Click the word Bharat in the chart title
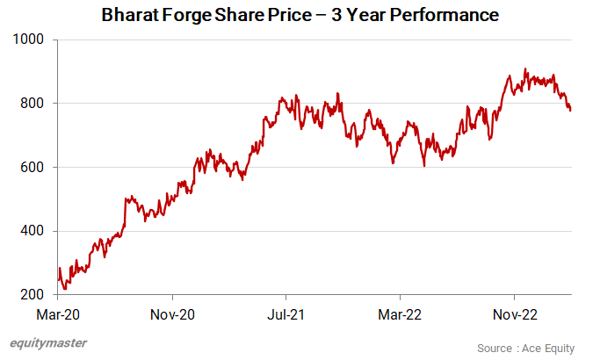point(130,16)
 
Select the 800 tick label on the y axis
point(35,104)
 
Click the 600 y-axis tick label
point(35,168)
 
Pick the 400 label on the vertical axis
point(35,231)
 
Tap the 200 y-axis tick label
point(35,295)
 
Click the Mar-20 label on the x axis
point(58,313)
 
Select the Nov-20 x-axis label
point(172,313)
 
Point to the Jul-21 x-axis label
point(286,313)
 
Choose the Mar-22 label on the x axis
point(400,313)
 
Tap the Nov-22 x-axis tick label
point(514,313)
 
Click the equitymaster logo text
point(48,344)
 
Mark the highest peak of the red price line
point(525,69)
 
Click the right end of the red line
point(570,110)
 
